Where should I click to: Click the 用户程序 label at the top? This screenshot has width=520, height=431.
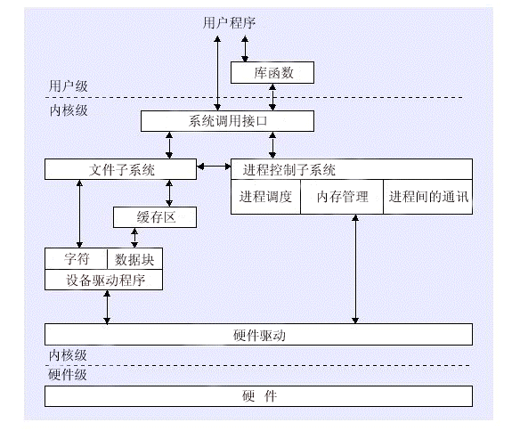pos(229,23)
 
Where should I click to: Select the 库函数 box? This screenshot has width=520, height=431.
pos(272,73)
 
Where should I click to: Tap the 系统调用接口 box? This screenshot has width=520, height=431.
pos(228,121)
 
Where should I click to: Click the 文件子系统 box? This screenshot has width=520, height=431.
pos(121,169)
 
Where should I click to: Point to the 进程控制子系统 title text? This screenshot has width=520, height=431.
pos(288,170)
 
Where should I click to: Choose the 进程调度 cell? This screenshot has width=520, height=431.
pos(265,197)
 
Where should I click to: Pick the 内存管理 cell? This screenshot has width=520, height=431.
pos(342,197)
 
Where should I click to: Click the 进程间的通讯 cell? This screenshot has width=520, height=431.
pos(428,197)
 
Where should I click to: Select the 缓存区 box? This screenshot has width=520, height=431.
pos(155,217)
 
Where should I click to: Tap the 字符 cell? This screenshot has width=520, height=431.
pos(76,258)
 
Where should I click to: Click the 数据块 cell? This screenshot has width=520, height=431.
pos(135,258)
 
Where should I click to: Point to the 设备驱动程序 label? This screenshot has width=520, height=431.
pos(105,281)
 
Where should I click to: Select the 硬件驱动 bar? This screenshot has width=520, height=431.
pos(259,335)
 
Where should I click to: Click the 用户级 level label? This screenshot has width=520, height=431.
pos(69,86)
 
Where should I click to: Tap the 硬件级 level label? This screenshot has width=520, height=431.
pos(68,375)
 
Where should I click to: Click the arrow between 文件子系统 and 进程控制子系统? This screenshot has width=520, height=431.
pos(214,167)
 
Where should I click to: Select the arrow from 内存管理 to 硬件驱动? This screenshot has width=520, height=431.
pos(355,269)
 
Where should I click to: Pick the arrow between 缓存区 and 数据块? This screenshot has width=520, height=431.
pos(134,238)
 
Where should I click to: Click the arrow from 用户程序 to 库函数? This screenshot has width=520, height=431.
pos(245,49)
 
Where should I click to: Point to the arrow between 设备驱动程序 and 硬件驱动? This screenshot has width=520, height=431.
pos(107,307)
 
